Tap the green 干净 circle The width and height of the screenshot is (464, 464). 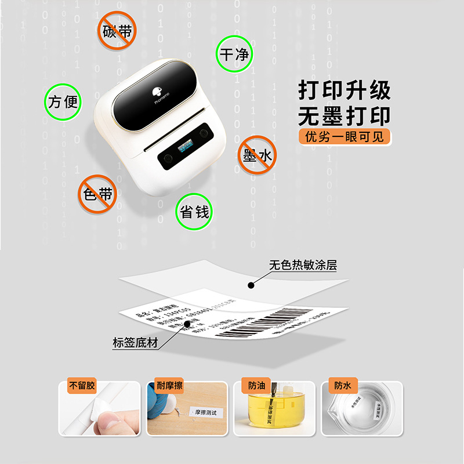pyautogui.click(x=234, y=55)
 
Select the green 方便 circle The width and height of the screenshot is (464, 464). pyautogui.click(x=63, y=102)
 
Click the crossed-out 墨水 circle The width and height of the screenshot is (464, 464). pyautogui.click(x=258, y=155)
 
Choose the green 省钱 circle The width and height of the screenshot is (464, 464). pyautogui.click(x=194, y=212)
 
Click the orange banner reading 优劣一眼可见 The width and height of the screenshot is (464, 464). pyautogui.click(x=345, y=137)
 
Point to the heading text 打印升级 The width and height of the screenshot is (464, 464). pyautogui.click(x=345, y=90)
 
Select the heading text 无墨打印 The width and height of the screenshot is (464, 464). pyautogui.click(x=345, y=116)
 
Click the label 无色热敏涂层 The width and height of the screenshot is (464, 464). pyautogui.click(x=303, y=266)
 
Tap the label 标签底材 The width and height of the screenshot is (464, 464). pyautogui.click(x=135, y=342)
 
